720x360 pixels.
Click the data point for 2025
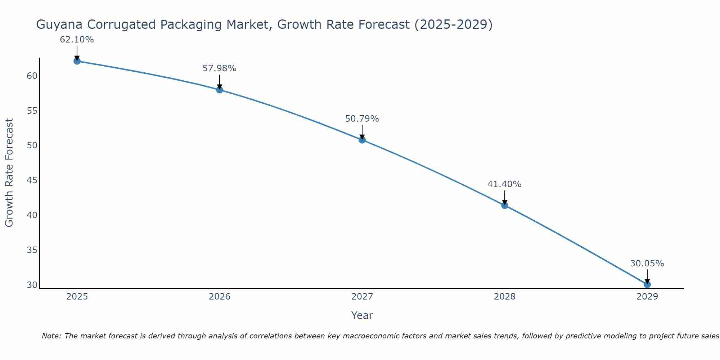pyautogui.click(x=77, y=61)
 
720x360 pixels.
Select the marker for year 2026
pyautogui.click(x=220, y=90)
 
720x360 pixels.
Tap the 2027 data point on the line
pyautogui.click(x=362, y=140)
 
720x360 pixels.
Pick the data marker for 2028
pyautogui.click(x=505, y=206)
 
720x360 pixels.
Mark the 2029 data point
pyautogui.click(x=647, y=284)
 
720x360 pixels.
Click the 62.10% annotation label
pyautogui.click(x=77, y=40)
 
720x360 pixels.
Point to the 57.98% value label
pyautogui.click(x=219, y=68)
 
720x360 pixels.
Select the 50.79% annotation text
pyautogui.click(x=362, y=119)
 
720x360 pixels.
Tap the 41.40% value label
pyautogui.click(x=504, y=184)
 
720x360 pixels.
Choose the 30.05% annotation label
pyautogui.click(x=647, y=264)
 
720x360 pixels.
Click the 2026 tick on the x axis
pyautogui.click(x=220, y=297)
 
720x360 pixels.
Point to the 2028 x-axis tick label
pyautogui.click(x=505, y=297)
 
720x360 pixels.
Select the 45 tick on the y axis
pyautogui.click(x=32, y=180)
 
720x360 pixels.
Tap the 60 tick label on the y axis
pyautogui.click(x=32, y=76)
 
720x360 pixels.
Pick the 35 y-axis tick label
pyautogui.click(x=32, y=250)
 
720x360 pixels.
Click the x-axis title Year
pyautogui.click(x=362, y=315)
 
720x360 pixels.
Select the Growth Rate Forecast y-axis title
pyautogui.click(x=9, y=173)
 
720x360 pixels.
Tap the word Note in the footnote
pyautogui.click(x=52, y=336)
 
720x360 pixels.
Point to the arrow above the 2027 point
pyautogui.click(x=362, y=132)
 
